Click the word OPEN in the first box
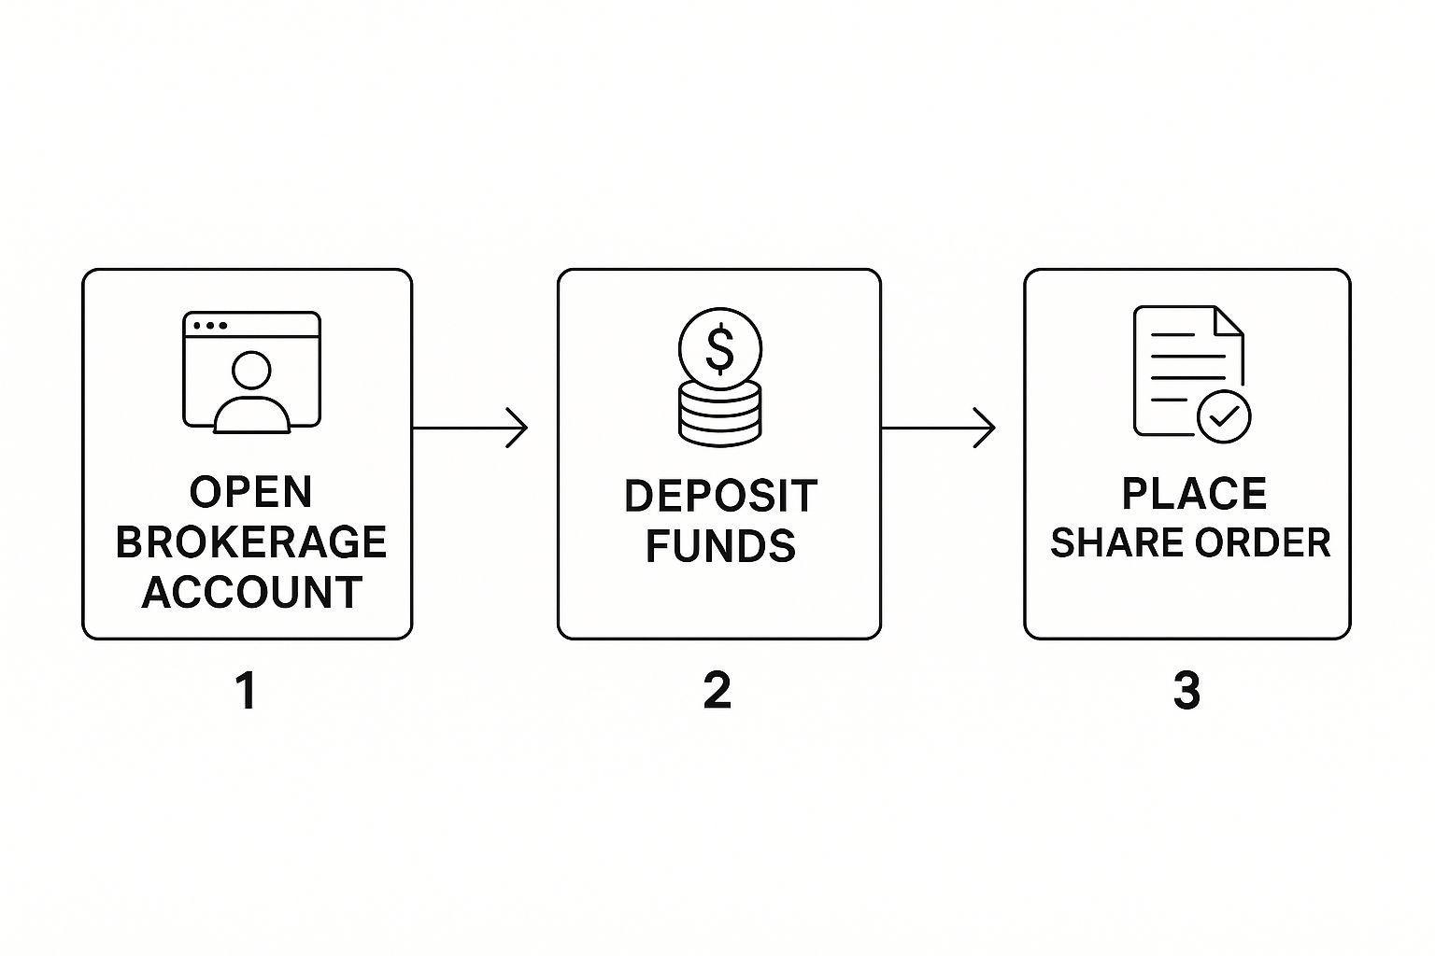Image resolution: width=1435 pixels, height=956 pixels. pos(251,492)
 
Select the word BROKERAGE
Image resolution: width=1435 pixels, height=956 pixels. pos(251,541)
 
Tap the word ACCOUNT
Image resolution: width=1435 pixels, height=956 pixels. pos(251,592)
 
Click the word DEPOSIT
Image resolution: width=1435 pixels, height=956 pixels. pos(720,497)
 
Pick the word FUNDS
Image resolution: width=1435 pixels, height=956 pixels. pos(720,545)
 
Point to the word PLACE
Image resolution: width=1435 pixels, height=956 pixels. pos(1194,493)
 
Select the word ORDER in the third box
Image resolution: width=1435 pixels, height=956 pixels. pos(1263,543)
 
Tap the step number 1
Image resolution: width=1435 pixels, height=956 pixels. pos(248,691)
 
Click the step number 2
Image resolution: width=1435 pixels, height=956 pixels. pos(717,691)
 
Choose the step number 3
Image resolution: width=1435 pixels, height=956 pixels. pos(1186,691)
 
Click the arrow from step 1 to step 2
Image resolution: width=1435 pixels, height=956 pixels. pos(470,427)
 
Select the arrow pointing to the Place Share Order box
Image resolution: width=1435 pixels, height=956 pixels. pos(939,427)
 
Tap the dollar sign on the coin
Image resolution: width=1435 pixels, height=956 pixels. pos(720,349)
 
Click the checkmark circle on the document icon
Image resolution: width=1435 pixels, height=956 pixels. pos(1224,416)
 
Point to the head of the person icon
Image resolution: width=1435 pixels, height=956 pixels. pos(251,370)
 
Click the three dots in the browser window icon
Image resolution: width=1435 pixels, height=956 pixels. pos(209,325)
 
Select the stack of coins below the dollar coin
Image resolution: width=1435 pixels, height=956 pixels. pos(720,413)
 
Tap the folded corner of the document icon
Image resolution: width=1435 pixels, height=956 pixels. pos(1229,321)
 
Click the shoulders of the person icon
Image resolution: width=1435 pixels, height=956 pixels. pos(251,415)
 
